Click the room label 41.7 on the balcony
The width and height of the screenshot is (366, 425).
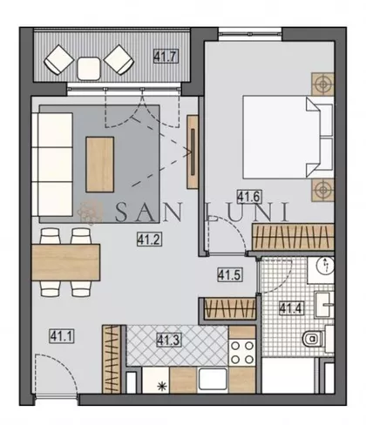click(166, 57)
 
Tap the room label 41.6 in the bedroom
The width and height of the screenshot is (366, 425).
click(249, 197)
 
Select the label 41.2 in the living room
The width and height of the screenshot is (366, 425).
click(149, 239)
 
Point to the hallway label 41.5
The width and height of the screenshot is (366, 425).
click(230, 274)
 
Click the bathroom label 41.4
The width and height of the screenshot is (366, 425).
click(291, 308)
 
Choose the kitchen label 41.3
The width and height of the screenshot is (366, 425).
click(169, 341)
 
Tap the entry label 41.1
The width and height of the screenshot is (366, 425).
click(62, 336)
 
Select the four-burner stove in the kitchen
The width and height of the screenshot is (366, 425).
click(242, 353)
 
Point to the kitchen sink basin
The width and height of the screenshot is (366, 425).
click(213, 380)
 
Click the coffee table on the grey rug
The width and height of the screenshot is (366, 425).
click(99, 165)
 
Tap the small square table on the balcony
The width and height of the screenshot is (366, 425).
click(89, 69)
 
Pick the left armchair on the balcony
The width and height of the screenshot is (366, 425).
click(59, 59)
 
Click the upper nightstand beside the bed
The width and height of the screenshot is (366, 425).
click(322, 84)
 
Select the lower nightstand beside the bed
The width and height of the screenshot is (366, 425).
click(322, 190)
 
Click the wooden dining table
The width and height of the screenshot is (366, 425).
click(66, 262)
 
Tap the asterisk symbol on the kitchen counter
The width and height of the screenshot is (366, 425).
click(160, 387)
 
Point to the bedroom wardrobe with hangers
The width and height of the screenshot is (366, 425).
click(293, 237)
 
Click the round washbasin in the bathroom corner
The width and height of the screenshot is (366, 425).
click(326, 266)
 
